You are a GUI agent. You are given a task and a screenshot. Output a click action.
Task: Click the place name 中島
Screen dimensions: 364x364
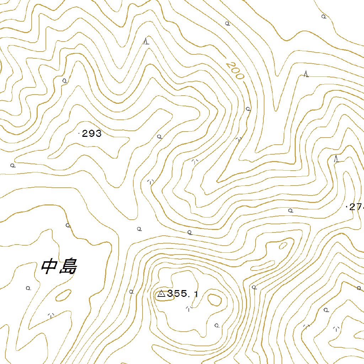click(x=59, y=267)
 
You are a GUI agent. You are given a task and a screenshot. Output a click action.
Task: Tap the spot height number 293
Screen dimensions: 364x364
click(x=92, y=134)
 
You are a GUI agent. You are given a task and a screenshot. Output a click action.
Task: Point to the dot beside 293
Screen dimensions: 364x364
click(x=79, y=134)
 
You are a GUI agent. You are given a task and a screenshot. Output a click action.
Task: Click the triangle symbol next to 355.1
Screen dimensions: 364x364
click(x=161, y=294)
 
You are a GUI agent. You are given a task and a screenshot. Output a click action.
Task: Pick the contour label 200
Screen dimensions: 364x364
click(x=235, y=71)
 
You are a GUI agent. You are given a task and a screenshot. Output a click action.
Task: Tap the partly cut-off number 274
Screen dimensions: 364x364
click(x=357, y=207)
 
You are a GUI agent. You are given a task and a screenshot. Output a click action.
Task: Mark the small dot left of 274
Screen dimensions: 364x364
click(x=347, y=206)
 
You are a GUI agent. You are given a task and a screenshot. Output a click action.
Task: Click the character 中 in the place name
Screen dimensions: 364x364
click(x=49, y=267)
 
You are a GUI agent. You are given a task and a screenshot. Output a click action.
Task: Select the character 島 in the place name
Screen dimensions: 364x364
click(x=68, y=267)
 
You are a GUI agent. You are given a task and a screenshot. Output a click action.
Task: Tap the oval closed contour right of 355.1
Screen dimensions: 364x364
click(x=215, y=299)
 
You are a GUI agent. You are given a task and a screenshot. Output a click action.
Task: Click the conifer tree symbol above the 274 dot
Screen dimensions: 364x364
click(x=336, y=159)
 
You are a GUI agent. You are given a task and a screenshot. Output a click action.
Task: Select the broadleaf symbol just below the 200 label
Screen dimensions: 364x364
click(x=248, y=109)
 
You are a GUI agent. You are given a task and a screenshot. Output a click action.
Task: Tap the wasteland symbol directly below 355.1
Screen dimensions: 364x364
click(x=189, y=308)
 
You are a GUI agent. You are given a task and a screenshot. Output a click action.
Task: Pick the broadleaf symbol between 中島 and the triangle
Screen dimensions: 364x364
click(x=131, y=291)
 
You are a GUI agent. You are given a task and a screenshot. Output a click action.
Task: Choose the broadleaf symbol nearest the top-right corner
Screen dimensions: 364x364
click(x=323, y=16)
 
